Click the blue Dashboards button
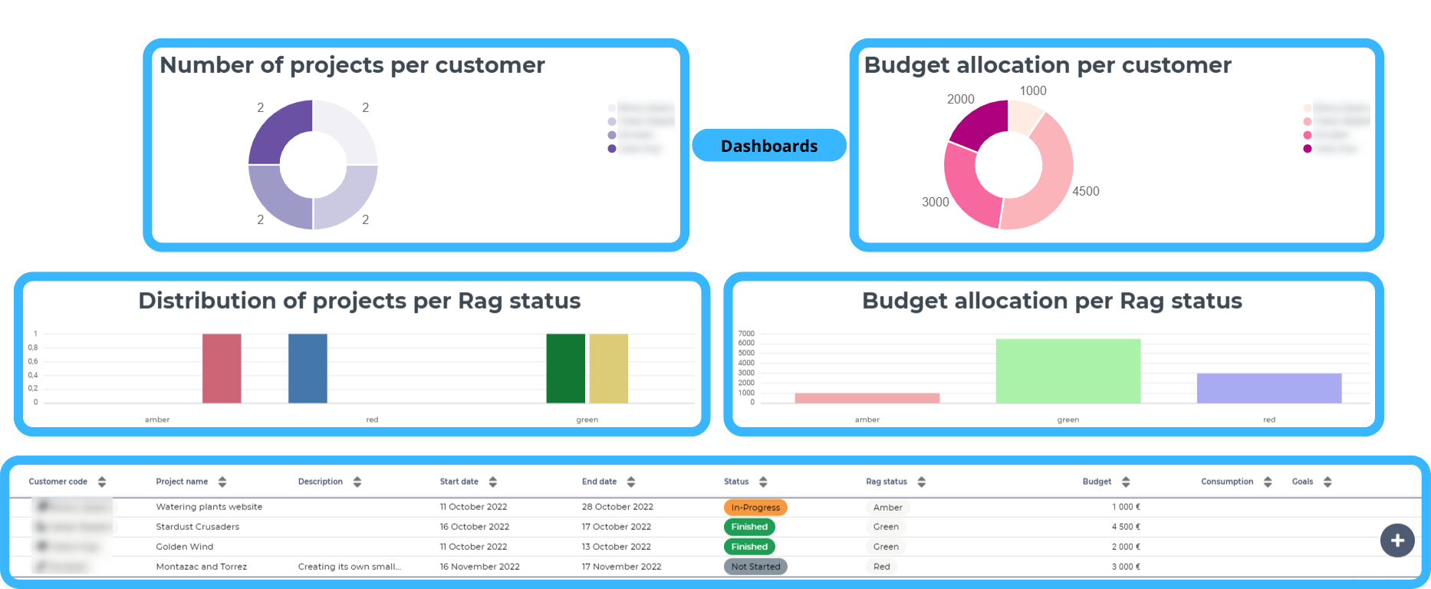pyautogui.click(x=769, y=146)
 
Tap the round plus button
pyautogui.click(x=1397, y=541)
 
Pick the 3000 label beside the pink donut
pyautogui.click(x=935, y=202)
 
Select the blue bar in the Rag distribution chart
pyautogui.click(x=308, y=368)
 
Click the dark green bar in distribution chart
pyautogui.click(x=565, y=368)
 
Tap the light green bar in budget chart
pyautogui.click(x=1067, y=371)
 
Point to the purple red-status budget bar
pyautogui.click(x=1268, y=388)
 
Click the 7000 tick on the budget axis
pyautogui.click(x=746, y=334)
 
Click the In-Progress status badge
pyautogui.click(x=755, y=508)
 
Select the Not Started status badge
pyautogui.click(x=755, y=567)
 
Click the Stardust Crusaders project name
pyautogui.click(x=198, y=527)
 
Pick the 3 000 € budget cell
pyautogui.click(x=1126, y=567)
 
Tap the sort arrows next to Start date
pyautogui.click(x=493, y=482)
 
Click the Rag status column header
pyautogui.click(x=887, y=482)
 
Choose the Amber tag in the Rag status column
pyautogui.click(x=887, y=508)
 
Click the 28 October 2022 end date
pyautogui.click(x=617, y=507)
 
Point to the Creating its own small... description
pyautogui.click(x=349, y=567)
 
